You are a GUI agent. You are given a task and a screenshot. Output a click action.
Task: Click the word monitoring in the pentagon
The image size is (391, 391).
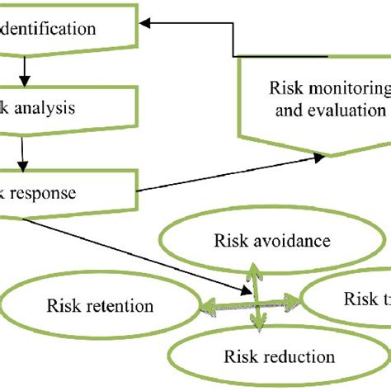coord(347,89)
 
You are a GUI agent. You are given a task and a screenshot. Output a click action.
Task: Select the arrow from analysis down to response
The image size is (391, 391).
coord(25,153)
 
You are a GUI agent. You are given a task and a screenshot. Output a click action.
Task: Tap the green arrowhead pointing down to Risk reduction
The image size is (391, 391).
coord(259,328)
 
